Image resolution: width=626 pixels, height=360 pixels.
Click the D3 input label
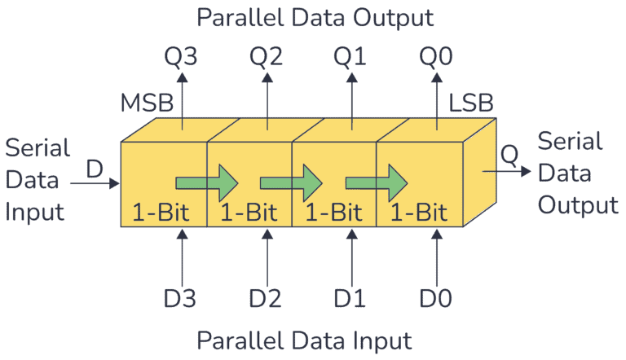[182, 299]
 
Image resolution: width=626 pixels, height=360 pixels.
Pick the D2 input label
[267, 299]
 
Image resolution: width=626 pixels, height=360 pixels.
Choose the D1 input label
[351, 299]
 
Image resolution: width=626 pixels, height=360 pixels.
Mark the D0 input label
[438, 299]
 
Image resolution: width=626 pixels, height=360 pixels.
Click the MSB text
[145, 105]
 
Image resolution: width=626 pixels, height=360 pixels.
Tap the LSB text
[470, 105]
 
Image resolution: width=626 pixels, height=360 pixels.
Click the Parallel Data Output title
[313, 16]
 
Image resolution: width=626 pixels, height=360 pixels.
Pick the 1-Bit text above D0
[418, 214]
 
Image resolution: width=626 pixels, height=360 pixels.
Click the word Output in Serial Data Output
[579, 204]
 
